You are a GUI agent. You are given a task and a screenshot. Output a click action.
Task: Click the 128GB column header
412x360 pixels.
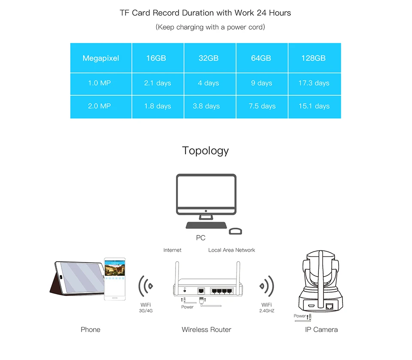(x=313, y=58)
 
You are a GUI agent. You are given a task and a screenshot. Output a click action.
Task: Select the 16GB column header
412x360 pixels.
(x=156, y=58)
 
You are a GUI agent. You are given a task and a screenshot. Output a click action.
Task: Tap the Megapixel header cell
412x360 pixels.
(x=101, y=58)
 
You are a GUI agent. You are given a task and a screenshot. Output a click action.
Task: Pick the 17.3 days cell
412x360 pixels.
(x=314, y=83)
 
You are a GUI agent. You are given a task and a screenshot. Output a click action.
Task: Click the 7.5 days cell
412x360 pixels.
(x=262, y=106)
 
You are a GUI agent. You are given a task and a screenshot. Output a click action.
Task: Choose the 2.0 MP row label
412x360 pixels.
(x=99, y=106)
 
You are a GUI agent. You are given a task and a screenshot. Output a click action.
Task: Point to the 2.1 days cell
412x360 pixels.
(x=158, y=83)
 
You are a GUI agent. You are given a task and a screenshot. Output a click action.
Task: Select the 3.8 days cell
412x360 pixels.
(x=206, y=106)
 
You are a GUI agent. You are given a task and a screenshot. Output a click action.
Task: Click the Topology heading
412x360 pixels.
(x=206, y=151)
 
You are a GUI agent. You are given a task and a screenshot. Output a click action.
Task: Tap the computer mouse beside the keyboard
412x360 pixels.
(x=235, y=231)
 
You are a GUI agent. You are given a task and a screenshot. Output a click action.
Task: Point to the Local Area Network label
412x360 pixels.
(x=232, y=250)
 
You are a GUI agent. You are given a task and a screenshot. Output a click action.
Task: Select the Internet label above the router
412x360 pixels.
(x=173, y=250)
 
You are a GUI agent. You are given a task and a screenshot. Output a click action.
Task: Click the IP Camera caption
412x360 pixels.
(x=321, y=329)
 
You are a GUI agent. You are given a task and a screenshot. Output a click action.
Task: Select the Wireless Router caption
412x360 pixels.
(x=206, y=329)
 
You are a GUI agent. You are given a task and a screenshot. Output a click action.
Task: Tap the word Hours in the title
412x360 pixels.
(x=280, y=13)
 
